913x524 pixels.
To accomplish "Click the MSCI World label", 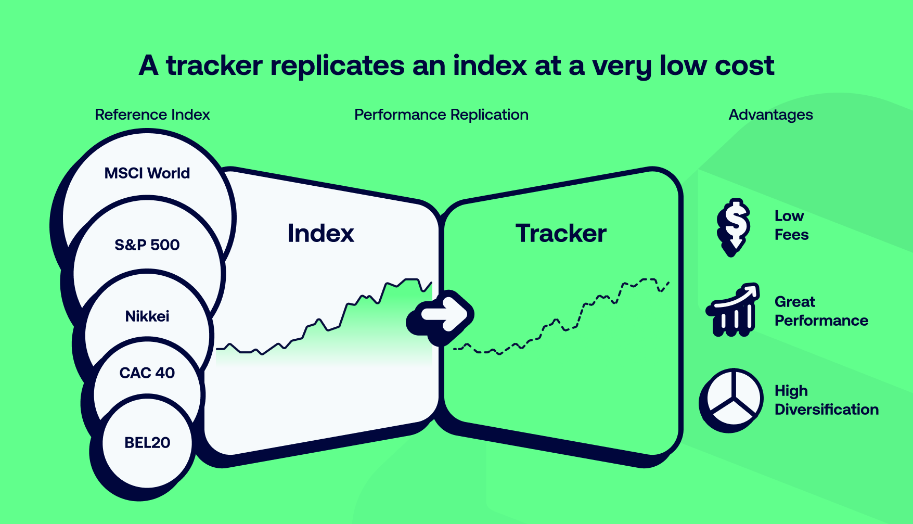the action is pyautogui.click(x=147, y=173).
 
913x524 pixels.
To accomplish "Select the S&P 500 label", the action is pyautogui.click(x=147, y=245).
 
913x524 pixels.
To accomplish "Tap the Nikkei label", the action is pyautogui.click(x=147, y=316).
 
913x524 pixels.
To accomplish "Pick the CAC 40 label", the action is pyautogui.click(x=147, y=373).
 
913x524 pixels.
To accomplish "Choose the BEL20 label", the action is pyautogui.click(x=147, y=442).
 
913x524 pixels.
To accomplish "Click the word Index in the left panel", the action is pyautogui.click(x=321, y=233).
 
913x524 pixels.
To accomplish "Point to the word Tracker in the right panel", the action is pyautogui.click(x=561, y=233).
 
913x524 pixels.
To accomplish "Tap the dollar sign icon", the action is pyautogui.click(x=734, y=227).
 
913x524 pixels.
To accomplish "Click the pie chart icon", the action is pyautogui.click(x=731, y=400).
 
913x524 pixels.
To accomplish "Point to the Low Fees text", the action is pyautogui.click(x=791, y=225).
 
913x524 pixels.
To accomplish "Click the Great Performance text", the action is pyautogui.click(x=821, y=311).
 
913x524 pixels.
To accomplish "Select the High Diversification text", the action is pyautogui.click(x=827, y=400).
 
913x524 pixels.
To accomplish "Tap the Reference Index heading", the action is pyautogui.click(x=152, y=114).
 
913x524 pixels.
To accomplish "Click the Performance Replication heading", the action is pyautogui.click(x=441, y=114).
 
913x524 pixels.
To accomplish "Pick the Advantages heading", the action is pyautogui.click(x=770, y=114).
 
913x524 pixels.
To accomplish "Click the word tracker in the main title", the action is pyautogui.click(x=214, y=66).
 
